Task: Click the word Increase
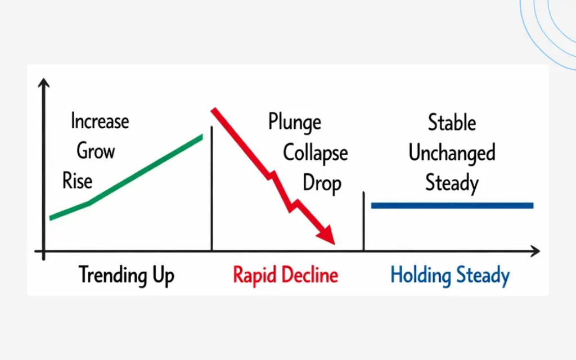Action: [100, 121]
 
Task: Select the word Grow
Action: [96, 151]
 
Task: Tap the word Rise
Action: [77, 181]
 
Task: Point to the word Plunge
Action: [295, 123]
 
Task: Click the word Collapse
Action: [315, 153]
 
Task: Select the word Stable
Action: [452, 122]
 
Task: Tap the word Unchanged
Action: [452, 153]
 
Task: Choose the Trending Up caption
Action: [127, 276]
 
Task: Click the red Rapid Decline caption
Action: [285, 276]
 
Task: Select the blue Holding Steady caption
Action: [450, 276]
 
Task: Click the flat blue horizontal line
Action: [452, 206]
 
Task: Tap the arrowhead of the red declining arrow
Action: [327, 235]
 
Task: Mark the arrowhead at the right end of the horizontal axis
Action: [535, 251]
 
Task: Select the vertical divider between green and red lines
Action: [211, 188]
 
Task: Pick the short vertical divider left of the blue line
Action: [364, 221]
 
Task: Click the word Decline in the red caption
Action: [310, 274]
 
